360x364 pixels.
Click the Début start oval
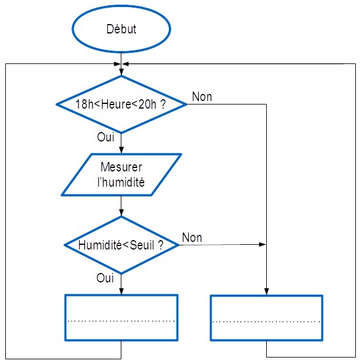pos(121,29)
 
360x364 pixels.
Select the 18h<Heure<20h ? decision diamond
pos(121,104)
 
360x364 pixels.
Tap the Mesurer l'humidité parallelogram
pos(121,174)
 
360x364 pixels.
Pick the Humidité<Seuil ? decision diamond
pos(121,245)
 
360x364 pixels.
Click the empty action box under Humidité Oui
pos(121,317)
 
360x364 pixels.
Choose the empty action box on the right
pos(266,317)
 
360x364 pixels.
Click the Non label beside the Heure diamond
pos(202,96)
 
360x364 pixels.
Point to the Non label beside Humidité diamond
pos(192,237)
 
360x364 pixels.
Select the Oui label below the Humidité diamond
pos(105,278)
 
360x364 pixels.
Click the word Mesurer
pos(121,167)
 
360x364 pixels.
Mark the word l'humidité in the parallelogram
pos(121,181)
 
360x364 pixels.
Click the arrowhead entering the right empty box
pos(267,291)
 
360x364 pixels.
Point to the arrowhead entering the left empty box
pos(121,291)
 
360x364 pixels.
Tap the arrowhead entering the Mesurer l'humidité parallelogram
pos(121,150)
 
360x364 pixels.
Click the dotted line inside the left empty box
pos(121,321)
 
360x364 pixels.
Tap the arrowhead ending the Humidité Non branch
pos(263,245)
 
